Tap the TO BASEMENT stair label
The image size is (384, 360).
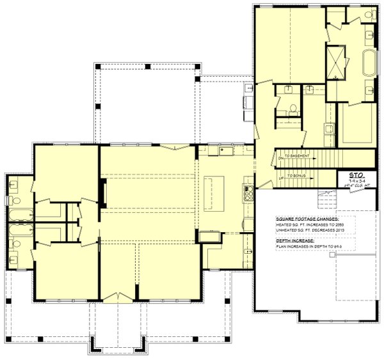click(x=300, y=156)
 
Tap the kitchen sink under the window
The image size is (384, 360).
click(x=225, y=151)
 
